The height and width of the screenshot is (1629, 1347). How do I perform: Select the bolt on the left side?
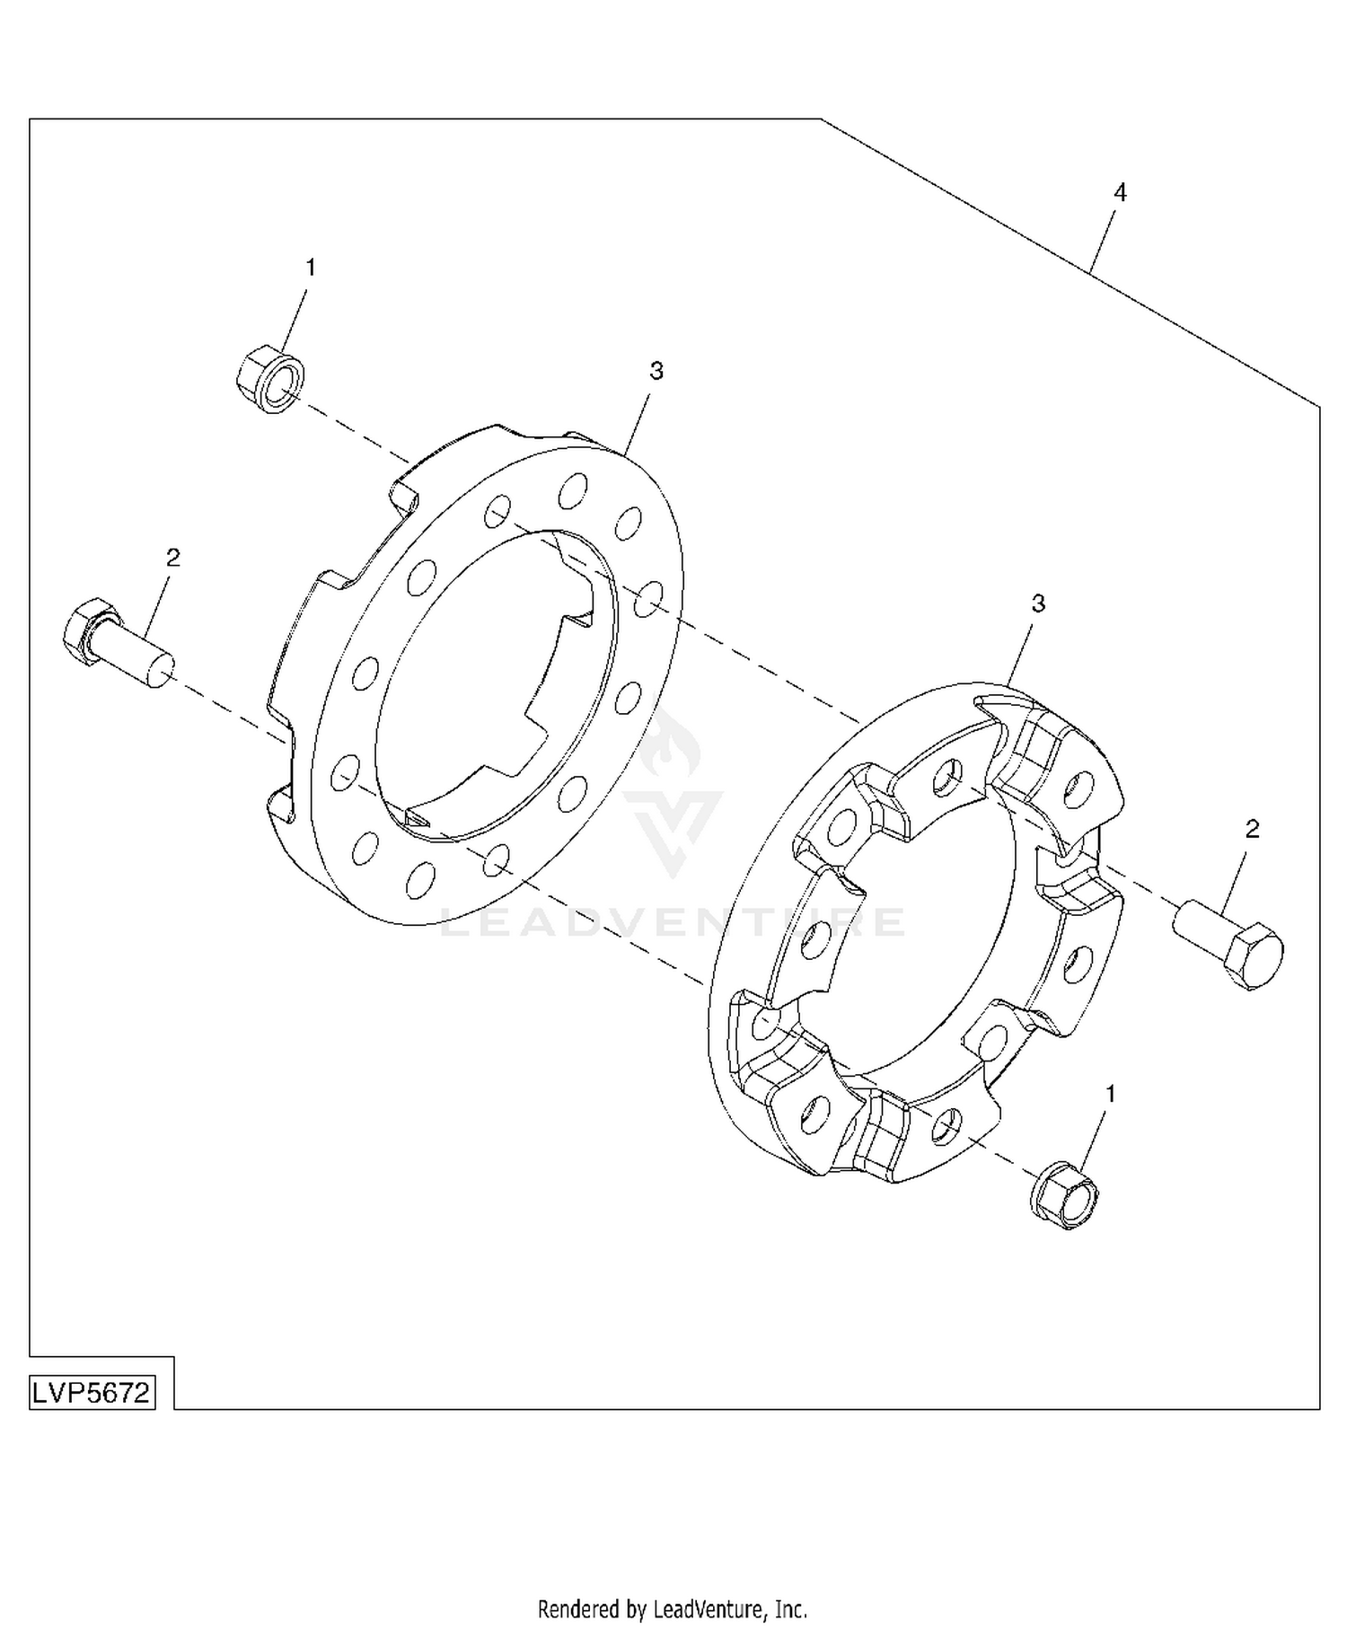118,643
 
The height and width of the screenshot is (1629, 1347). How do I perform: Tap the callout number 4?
1120,192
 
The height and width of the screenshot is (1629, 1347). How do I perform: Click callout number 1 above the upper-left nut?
311,268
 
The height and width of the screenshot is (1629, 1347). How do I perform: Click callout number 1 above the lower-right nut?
1112,1094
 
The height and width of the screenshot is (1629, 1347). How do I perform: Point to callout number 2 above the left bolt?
173,558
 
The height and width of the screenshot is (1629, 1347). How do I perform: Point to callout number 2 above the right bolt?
1253,829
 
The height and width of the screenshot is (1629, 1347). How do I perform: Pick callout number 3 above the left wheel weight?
656,370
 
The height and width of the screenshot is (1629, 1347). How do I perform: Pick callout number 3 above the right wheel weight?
1038,603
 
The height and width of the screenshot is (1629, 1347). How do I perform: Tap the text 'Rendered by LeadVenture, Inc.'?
673,1607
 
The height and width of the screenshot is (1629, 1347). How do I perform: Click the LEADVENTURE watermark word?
673,923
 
